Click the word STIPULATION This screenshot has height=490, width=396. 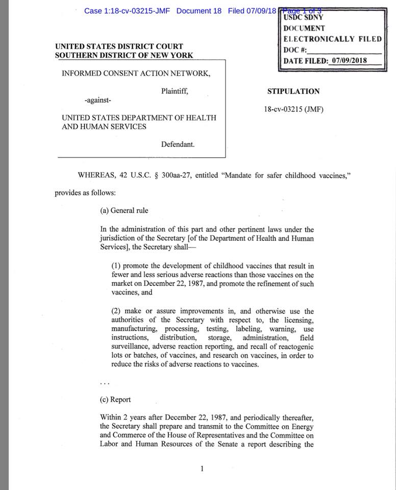pyautogui.click(x=293, y=92)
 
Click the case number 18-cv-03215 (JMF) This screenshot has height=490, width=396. pyautogui.click(x=293, y=109)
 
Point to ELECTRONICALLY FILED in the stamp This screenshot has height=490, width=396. pyautogui.click(x=332, y=39)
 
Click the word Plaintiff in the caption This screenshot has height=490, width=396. pyautogui.click(x=175, y=92)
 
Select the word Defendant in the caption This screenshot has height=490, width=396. pyautogui.click(x=178, y=144)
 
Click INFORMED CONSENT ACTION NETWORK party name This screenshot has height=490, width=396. pyautogui.click(x=136, y=73)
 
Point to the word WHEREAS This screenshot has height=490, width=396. pyautogui.click(x=96, y=175)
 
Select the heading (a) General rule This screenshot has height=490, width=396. pyautogui.click(x=124, y=210)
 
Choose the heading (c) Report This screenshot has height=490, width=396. pyautogui.click(x=115, y=400)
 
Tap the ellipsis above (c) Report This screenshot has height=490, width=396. pyautogui.click(x=104, y=383)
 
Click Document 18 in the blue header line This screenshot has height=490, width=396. pyautogui.click(x=199, y=11)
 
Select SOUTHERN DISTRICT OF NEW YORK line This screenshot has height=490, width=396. pyautogui.click(x=124, y=55)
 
